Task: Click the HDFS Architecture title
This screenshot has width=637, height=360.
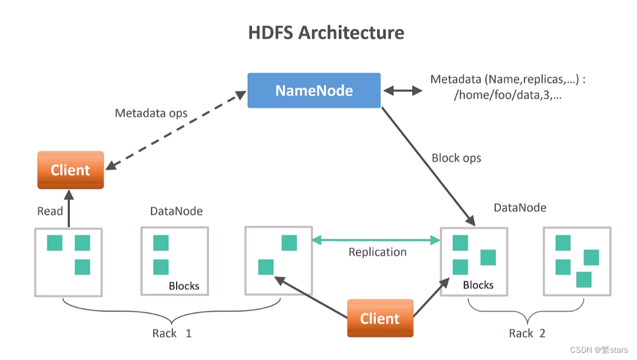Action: [326, 32]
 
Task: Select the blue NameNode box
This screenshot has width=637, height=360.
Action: [314, 90]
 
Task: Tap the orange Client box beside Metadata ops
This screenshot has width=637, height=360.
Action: [70, 170]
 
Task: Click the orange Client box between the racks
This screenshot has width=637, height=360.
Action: [380, 318]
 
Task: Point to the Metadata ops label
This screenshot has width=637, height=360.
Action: [151, 114]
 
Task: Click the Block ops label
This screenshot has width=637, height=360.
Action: [456, 158]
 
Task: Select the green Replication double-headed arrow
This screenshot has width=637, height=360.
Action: [376, 241]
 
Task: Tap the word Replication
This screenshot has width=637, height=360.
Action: [377, 252]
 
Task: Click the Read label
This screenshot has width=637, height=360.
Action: [50, 211]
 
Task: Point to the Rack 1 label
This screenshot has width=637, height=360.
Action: [172, 333]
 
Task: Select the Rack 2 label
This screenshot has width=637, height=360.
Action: [527, 333]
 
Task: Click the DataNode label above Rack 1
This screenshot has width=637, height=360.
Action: [176, 211]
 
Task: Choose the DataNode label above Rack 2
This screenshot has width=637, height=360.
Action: [520, 208]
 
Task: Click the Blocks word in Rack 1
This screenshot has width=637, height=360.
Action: [184, 286]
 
